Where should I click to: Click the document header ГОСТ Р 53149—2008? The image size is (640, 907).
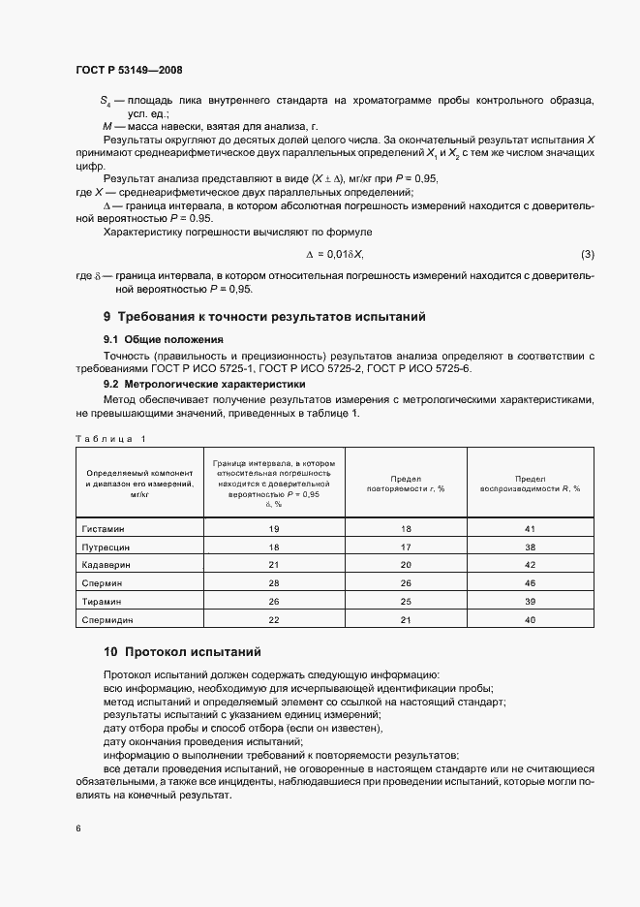tap(128, 70)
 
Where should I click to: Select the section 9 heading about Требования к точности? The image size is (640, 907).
tap(264, 317)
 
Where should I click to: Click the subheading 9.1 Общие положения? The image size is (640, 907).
tap(164, 339)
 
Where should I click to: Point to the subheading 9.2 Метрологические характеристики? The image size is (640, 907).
tap(203, 384)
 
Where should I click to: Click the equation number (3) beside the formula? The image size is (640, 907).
tap(588, 254)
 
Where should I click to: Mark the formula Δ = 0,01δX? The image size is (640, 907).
tap(334, 254)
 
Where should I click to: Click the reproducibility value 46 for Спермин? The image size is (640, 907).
tap(530, 582)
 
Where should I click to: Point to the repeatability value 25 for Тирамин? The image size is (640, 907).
tap(406, 601)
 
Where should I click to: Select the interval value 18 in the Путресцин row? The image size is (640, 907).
tap(274, 547)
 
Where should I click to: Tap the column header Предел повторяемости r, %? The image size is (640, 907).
tap(406, 484)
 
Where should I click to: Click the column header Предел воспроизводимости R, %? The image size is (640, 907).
tap(530, 484)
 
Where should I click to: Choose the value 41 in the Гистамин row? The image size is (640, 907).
tap(530, 529)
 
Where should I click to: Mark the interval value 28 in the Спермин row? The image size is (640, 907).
tap(274, 582)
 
